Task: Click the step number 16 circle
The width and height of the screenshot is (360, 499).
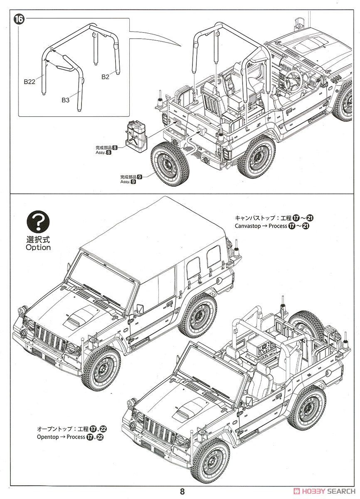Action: (x=19, y=19)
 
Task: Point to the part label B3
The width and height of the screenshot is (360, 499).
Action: (x=66, y=100)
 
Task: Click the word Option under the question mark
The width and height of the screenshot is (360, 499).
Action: (x=38, y=247)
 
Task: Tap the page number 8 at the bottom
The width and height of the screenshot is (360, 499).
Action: (x=182, y=491)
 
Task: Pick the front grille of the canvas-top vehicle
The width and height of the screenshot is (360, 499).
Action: (x=51, y=338)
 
